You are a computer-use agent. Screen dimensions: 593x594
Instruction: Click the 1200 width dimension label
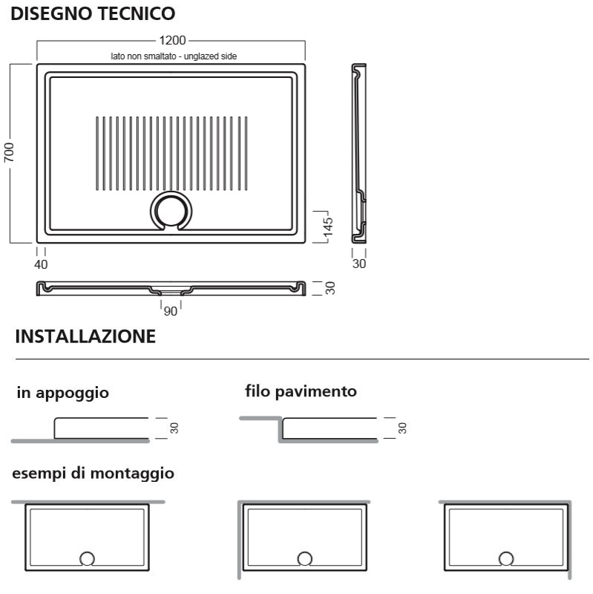[x=172, y=40]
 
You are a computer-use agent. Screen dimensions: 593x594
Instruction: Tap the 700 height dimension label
[x=9, y=153]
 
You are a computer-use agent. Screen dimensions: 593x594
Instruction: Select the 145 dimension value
[x=328, y=226]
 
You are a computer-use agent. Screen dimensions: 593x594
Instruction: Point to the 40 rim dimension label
[x=41, y=264]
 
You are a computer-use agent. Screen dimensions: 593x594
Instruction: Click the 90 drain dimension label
[x=171, y=311]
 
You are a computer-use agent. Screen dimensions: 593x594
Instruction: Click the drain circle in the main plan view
[x=171, y=194]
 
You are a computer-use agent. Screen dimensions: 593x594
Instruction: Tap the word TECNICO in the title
[x=137, y=13]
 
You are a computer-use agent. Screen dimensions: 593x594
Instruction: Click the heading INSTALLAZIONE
[x=85, y=336]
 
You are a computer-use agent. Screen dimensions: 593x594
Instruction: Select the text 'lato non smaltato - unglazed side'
[x=174, y=56]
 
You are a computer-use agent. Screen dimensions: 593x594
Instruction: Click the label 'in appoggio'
[x=63, y=393]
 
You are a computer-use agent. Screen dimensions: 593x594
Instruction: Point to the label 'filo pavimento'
[x=301, y=391]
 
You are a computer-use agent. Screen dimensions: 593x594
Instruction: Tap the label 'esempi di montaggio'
[x=94, y=474]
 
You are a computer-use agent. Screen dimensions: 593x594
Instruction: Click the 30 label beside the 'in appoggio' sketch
[x=174, y=428]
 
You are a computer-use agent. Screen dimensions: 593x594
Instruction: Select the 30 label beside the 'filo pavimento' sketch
[x=402, y=428]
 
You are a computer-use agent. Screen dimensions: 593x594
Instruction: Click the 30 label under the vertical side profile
[x=359, y=264]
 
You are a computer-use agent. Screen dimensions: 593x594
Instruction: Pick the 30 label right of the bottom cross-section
[x=330, y=288]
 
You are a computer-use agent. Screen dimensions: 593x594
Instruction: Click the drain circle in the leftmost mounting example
[x=87, y=552]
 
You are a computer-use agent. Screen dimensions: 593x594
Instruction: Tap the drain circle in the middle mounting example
[x=305, y=552]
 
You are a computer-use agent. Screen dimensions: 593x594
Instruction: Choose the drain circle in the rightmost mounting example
[x=506, y=552]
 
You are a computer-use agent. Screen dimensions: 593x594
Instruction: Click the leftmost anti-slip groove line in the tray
[x=97, y=153]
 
